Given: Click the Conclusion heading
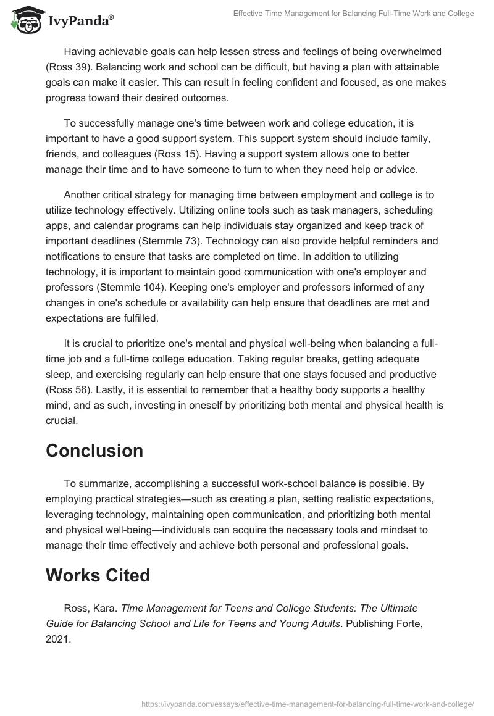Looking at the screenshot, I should pyautogui.click(x=94, y=451).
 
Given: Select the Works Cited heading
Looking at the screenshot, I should pyautogui.click(x=98, y=575).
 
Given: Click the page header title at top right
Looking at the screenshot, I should pyautogui.click(x=353, y=14).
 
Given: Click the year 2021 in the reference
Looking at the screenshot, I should pyautogui.click(x=58, y=639).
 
